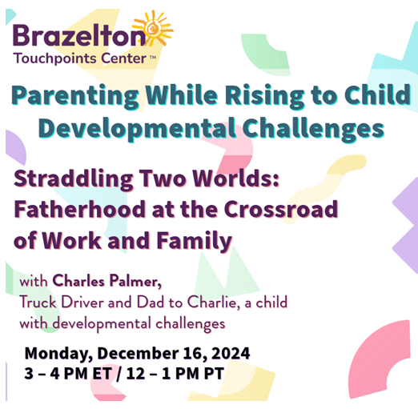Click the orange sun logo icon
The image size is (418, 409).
click(x=153, y=28)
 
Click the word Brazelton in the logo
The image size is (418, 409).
click(x=79, y=35)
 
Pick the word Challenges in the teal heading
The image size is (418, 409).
click(x=313, y=129)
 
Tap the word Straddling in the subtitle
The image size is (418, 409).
click(x=74, y=179)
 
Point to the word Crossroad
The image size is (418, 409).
click(x=281, y=209)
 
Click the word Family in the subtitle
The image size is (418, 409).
click(x=194, y=241)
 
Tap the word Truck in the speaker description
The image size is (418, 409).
click(x=38, y=303)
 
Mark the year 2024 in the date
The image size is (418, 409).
click(x=231, y=353)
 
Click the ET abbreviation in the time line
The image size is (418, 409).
click(x=102, y=373)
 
